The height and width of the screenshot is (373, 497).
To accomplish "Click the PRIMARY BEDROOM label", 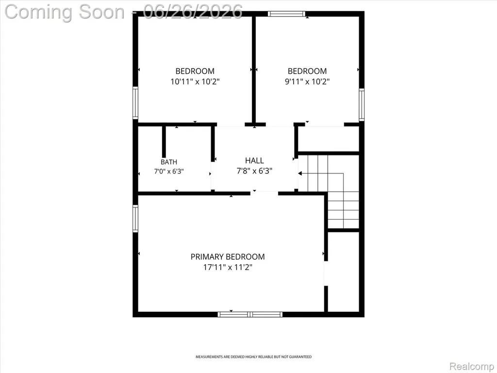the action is [228, 256].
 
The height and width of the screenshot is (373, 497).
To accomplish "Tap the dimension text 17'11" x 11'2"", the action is [228, 268].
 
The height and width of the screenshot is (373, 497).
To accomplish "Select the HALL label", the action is [254, 160].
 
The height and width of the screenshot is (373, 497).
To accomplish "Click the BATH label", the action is [168, 162].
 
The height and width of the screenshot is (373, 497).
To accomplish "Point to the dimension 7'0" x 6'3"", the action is [169, 171].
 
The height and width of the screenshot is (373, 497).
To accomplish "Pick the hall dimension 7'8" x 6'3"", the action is [254, 171].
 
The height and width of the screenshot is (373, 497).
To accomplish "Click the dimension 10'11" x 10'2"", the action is [195, 82].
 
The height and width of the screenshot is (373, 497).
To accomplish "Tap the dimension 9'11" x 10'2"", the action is [307, 82].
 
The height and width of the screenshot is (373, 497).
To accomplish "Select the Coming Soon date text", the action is [124, 12].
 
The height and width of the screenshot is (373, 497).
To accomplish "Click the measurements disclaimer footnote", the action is [253, 357].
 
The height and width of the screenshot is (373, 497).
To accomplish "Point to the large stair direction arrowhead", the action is [300, 173].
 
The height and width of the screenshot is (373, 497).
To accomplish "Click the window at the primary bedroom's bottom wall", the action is [250, 314].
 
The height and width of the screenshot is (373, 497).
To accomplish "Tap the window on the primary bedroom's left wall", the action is [135, 219].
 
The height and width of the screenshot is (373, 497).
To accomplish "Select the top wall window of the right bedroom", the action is [286, 14].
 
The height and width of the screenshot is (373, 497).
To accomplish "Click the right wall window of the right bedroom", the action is [361, 105].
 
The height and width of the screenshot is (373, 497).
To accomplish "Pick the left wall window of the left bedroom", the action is [135, 103].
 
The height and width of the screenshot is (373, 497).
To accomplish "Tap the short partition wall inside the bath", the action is [164, 141].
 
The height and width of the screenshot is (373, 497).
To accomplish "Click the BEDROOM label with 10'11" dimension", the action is [195, 71].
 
